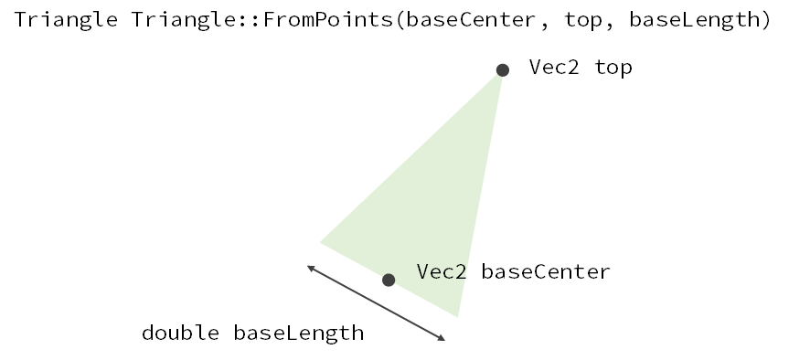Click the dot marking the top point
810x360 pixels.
(502, 69)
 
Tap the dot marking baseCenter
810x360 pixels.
(389, 280)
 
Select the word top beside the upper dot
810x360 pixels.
(613, 68)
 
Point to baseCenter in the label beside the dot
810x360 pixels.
(546, 272)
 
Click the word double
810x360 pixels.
(180, 333)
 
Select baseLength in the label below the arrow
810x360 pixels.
(299, 333)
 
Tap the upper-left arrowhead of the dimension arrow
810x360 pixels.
(310, 267)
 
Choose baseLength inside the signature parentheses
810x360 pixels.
(695, 21)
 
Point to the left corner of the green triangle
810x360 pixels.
(321, 242)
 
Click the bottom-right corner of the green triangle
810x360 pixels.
(457, 315)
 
